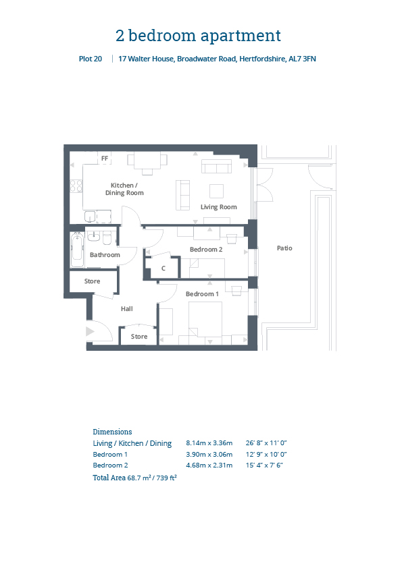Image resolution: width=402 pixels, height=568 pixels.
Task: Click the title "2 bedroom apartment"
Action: pos(198,36)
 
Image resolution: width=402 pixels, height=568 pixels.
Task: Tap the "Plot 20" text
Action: pos(91,59)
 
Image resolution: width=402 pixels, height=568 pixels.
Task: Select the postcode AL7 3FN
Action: pos(302,59)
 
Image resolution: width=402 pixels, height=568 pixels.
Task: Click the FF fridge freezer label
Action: pos(105,159)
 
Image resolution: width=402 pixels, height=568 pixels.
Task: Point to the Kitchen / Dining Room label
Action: pos(124,189)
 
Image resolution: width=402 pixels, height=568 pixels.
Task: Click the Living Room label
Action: pos(219,207)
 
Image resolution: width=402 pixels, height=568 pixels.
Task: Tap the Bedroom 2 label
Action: pos(206,249)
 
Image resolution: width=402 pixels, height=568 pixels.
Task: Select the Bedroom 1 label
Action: pos(202,293)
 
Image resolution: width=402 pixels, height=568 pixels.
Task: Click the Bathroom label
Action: pos(105,255)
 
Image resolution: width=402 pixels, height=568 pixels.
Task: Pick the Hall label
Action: pos(126,309)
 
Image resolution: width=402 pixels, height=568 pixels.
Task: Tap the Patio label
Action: pos(284,248)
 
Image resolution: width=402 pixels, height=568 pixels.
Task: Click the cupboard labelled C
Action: pos(164,268)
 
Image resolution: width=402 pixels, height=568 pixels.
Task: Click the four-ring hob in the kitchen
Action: pos(76,186)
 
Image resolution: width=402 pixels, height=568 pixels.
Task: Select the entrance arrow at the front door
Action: pos(90,331)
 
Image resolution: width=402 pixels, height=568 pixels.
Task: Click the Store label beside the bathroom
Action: pos(92,281)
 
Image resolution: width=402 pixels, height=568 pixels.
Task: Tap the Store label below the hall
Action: pos(139,337)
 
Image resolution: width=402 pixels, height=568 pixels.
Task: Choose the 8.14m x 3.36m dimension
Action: pos(209,443)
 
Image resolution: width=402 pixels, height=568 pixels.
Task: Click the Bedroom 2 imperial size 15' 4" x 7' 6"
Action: pos(264,465)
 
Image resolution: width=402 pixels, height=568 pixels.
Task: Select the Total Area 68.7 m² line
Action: pos(134,478)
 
